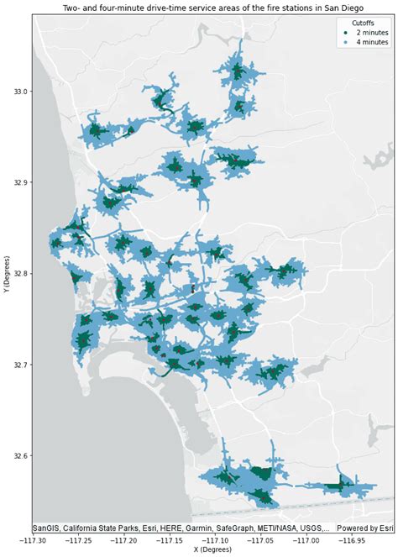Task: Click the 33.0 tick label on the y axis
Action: [x=17, y=91]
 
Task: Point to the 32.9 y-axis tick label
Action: [x=17, y=182]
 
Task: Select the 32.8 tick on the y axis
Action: [x=17, y=274]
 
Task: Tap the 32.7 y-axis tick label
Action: [x=17, y=365]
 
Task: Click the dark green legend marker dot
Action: [x=345, y=32]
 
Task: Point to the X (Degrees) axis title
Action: [x=215, y=551]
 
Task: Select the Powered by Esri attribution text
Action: [x=365, y=528]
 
